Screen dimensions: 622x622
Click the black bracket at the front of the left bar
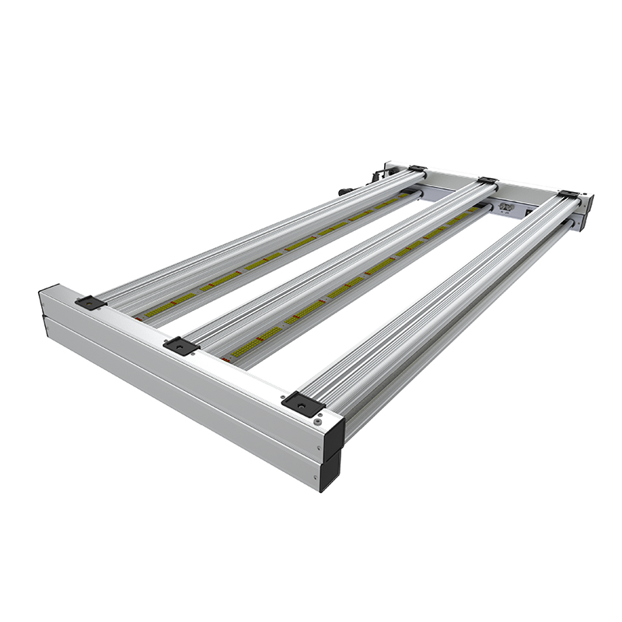coord(90,302)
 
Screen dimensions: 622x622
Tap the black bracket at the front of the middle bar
coord(181,346)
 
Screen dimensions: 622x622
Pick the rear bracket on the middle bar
coord(487,181)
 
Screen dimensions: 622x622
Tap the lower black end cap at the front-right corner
coord(331,471)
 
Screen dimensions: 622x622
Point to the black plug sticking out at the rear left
coord(345,190)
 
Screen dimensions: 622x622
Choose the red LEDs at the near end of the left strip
coord(140,317)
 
